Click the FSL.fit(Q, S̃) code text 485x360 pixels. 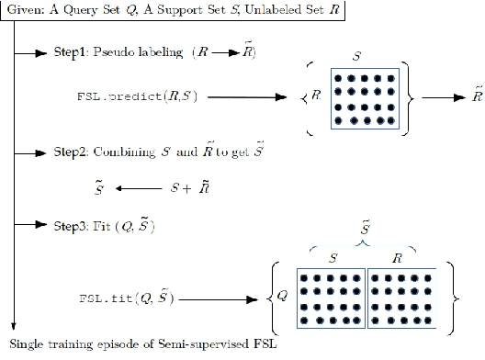[x=125, y=298]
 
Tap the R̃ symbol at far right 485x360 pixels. [x=475, y=95]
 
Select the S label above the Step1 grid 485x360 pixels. [x=366, y=55]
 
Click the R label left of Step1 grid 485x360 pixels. [x=317, y=95]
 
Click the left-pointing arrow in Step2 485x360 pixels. [x=136, y=188]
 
